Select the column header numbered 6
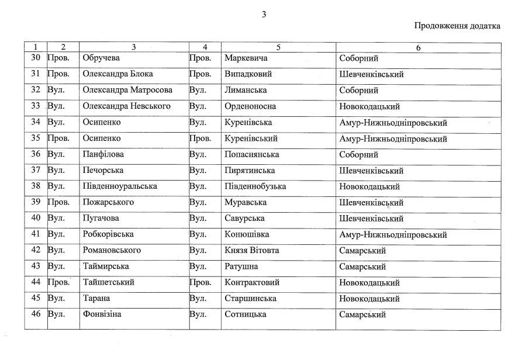(418, 47)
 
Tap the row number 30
(35, 58)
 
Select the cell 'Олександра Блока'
(117, 74)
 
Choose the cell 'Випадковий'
(248, 74)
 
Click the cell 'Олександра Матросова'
(127, 91)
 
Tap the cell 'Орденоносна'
(250, 106)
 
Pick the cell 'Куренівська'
(248, 123)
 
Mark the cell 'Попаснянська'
(251, 155)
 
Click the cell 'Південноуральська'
(120, 186)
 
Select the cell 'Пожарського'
(108, 202)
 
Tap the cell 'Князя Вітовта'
(251, 250)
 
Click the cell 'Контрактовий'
(252, 282)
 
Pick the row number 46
(35, 314)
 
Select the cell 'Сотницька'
(246, 314)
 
